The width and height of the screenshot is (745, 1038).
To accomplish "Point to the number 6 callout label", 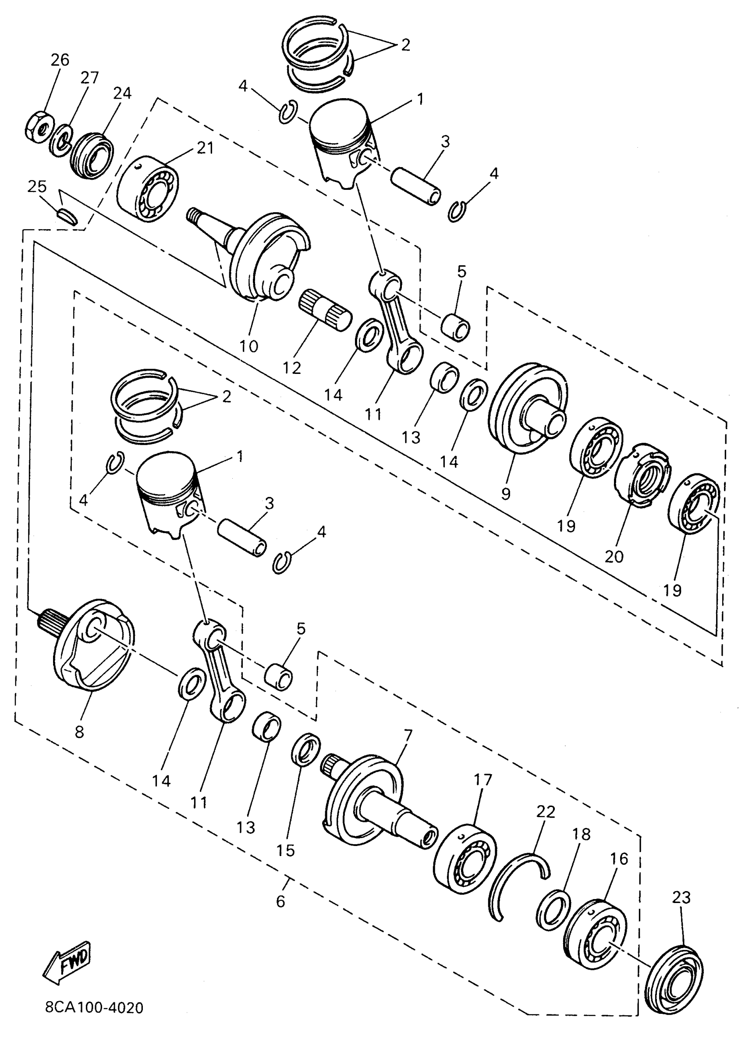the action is point(280,901).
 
